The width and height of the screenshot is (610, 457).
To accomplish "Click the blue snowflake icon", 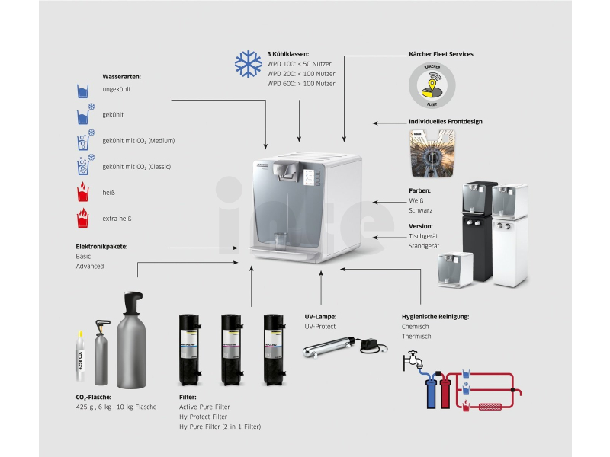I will [x=248, y=64].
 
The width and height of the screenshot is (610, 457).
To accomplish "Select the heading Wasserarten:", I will [x=121, y=76].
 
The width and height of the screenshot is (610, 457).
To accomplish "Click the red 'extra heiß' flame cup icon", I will [x=83, y=219].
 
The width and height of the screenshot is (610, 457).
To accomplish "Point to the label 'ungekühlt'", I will [x=117, y=90].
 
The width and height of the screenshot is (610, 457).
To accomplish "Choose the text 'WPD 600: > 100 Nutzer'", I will [x=301, y=83].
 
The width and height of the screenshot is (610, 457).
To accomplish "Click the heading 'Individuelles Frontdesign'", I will [x=445, y=121].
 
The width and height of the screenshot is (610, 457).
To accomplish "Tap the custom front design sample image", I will [x=432, y=153].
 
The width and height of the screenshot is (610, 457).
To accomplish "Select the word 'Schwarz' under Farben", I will [x=421, y=209].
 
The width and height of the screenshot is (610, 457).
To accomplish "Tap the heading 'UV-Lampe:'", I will [x=320, y=316].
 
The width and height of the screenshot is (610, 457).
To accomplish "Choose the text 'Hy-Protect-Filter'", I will [x=204, y=417].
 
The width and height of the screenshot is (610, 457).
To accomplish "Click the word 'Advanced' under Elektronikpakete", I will [x=90, y=267].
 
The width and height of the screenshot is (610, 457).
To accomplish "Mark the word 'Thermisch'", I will [x=416, y=336].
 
